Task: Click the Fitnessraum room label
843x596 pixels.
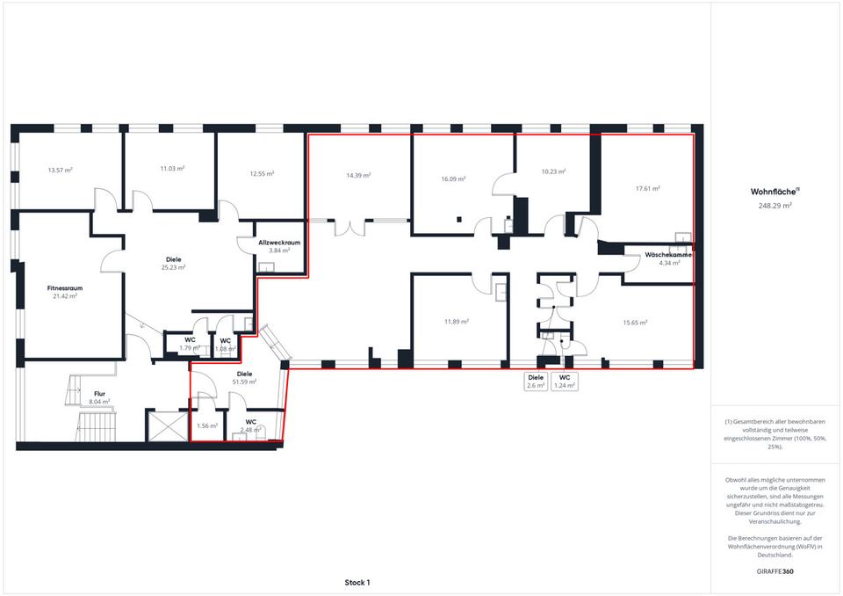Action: [64, 288]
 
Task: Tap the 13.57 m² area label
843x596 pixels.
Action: [61, 171]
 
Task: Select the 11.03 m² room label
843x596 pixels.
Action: [173, 169]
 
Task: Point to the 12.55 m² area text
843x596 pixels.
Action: [263, 173]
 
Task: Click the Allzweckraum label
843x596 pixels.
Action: [279, 243]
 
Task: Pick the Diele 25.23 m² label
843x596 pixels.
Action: [174, 263]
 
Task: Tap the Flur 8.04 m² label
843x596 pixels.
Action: [99, 397]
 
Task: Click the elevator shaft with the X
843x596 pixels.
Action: [167, 426]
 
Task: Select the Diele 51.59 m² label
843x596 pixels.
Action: [244, 377]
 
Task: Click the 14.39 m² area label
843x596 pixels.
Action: [358, 176]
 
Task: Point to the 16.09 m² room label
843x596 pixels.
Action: [453, 178]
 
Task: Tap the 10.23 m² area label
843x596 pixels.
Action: [553, 171]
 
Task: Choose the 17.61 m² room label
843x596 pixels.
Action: [648, 188]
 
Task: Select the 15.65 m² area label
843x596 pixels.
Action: [635, 323]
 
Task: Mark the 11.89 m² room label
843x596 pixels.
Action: [457, 322]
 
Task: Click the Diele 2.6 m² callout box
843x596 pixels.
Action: [536, 382]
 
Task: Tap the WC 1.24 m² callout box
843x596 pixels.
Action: [565, 382]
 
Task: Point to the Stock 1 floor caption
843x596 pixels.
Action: [357, 583]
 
